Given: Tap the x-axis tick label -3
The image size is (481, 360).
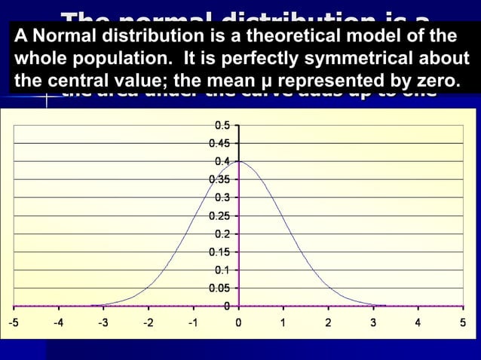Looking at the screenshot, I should [103, 323].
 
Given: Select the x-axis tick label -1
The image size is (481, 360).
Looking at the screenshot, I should [192, 323].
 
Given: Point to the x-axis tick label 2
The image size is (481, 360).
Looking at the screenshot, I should [328, 323].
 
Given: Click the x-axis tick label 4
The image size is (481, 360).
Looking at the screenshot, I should [418, 323].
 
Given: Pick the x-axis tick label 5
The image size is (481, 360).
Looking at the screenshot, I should [462, 323].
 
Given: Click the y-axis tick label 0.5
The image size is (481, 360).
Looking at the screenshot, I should [222, 126].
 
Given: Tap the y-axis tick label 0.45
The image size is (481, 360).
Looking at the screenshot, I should [220, 143].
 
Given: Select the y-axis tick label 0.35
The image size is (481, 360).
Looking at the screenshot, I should [220, 179].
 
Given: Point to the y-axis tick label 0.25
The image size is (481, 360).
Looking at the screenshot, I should [220, 215].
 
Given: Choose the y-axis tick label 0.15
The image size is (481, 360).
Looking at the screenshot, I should [220, 252].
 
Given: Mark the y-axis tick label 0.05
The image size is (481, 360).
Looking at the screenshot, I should [220, 288].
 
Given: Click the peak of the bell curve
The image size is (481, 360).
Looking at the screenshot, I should [239, 161].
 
